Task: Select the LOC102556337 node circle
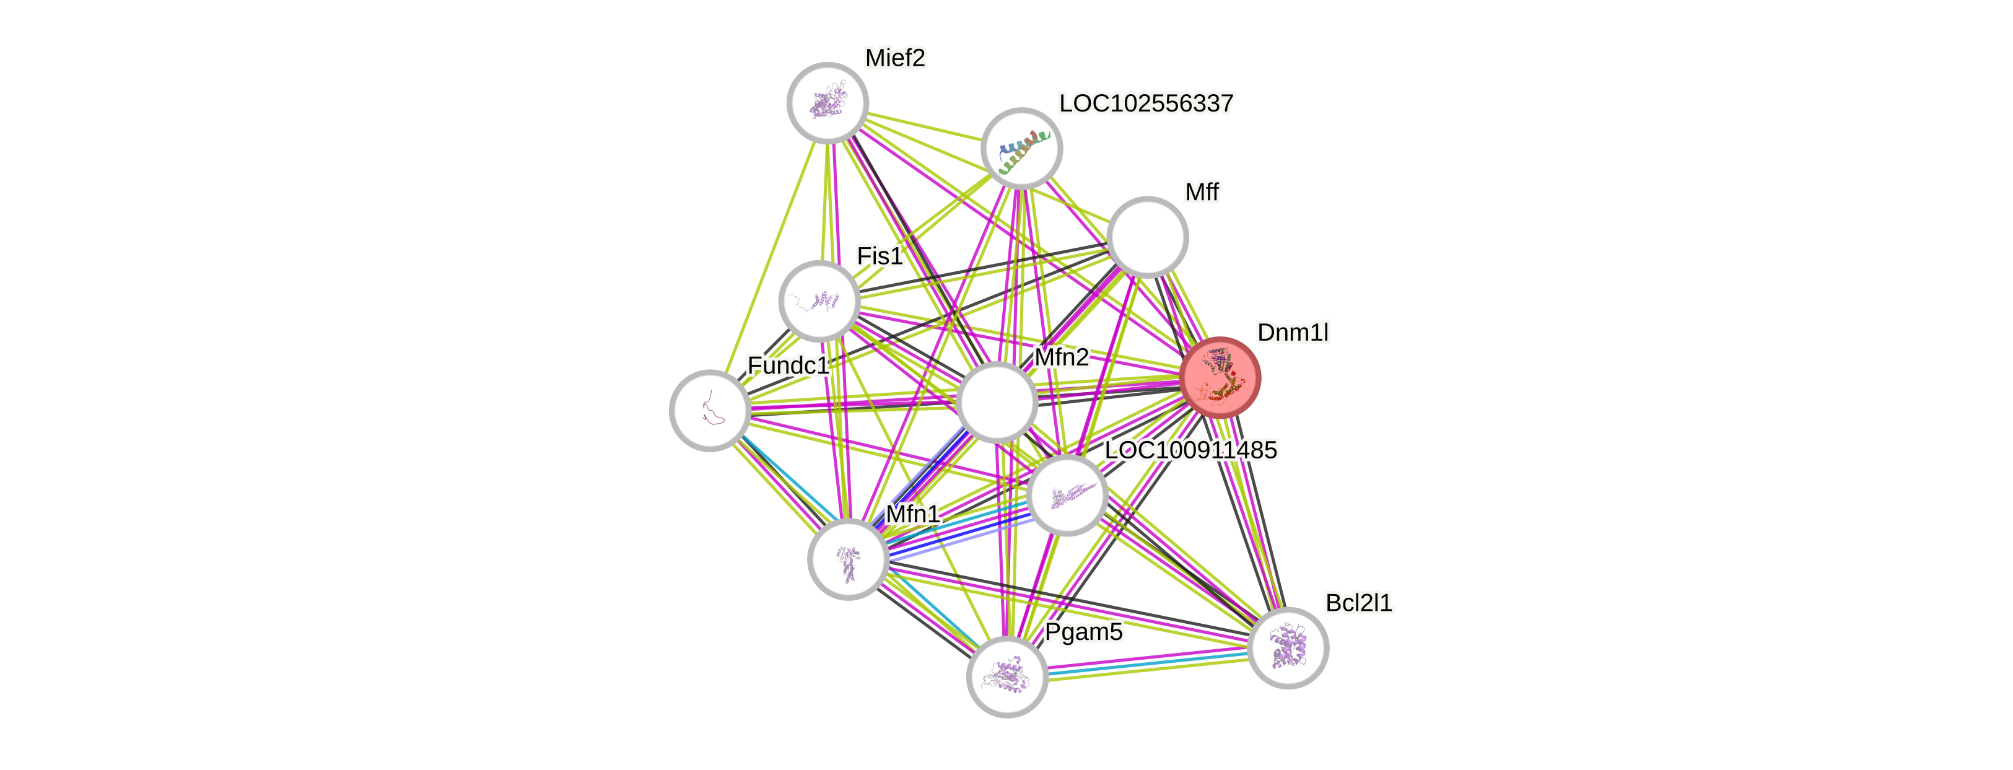(1021, 148)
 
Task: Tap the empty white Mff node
(1147, 237)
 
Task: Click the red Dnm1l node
(1220, 377)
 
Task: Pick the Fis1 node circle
(819, 301)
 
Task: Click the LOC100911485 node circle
(1067, 496)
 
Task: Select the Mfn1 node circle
(848, 559)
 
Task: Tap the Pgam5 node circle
(1007, 676)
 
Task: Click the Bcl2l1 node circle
(1288, 648)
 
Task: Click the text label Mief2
(895, 58)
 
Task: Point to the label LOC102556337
(1146, 103)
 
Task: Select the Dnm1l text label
(1293, 332)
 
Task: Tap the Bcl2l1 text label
(1358, 603)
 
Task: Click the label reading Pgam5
(1083, 632)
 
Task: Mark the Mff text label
(1201, 191)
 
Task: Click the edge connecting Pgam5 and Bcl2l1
(1147, 663)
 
